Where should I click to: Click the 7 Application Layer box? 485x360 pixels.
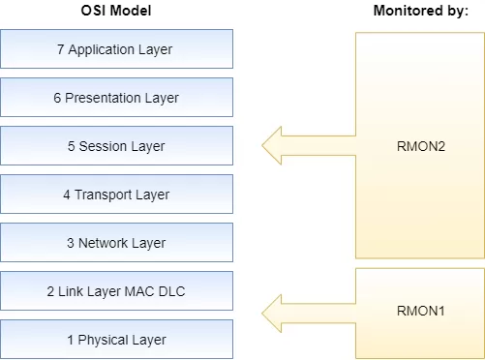pos(116,48)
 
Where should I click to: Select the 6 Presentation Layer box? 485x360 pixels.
pos(116,97)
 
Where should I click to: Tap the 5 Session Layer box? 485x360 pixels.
pos(116,146)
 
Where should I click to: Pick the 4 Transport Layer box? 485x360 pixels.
pos(116,195)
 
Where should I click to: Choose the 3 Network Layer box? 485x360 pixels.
pos(116,243)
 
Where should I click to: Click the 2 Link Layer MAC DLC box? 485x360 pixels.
pos(116,291)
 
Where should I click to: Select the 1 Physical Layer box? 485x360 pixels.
pos(116,340)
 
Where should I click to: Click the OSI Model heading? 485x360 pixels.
pos(116,11)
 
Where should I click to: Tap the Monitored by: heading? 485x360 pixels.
pos(419,11)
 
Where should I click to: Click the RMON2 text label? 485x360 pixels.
pos(419,146)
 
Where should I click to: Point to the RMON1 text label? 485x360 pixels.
pos(419,311)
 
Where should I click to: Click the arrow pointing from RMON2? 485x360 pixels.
pos(308,146)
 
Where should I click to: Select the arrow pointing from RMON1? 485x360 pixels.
pos(308,311)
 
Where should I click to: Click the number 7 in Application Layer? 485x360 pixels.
pos(60,49)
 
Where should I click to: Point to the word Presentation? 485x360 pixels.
pos(104,98)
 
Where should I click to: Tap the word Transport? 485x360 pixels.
pos(104,195)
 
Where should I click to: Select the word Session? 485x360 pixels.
pos(103,146)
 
